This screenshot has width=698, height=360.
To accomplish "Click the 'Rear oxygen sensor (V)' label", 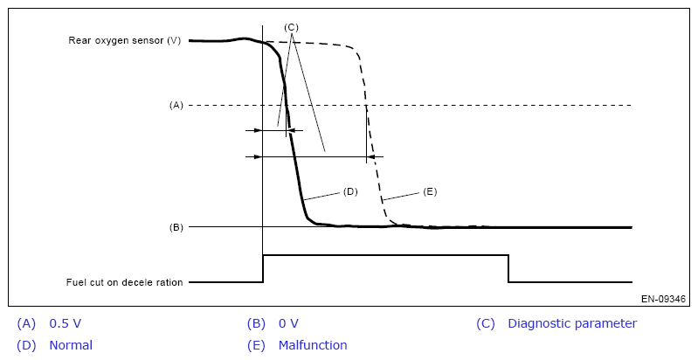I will (x=124, y=40).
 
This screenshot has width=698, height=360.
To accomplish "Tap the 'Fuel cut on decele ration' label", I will (x=124, y=282).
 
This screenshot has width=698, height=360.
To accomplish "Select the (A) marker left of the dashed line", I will (x=176, y=106).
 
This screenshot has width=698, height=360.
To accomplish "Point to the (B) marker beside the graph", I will (x=176, y=227).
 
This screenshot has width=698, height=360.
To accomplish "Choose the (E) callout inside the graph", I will (x=429, y=190).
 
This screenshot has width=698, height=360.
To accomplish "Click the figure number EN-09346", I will (x=663, y=299).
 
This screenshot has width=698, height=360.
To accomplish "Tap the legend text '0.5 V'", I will (x=66, y=323).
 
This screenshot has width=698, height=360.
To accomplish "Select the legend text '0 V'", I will (x=288, y=323).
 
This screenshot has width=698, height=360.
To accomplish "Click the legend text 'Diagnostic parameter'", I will (x=572, y=323).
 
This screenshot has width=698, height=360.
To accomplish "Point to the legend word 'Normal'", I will (x=71, y=345).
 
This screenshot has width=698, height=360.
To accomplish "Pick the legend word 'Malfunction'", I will (x=313, y=345).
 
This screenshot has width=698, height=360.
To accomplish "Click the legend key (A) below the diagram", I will (x=26, y=323).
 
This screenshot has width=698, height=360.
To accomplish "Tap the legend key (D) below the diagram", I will (x=26, y=345).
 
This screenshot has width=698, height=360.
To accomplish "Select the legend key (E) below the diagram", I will (x=256, y=345).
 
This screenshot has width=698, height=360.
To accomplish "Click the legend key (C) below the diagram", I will (x=486, y=323).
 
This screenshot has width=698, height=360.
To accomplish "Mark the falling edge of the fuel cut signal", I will (x=509, y=268).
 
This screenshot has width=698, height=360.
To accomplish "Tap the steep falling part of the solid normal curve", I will (x=291, y=149).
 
